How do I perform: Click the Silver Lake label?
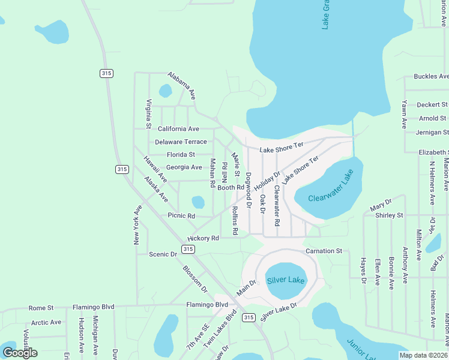[286, 280]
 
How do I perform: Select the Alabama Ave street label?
[182, 85]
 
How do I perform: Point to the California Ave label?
[178, 129]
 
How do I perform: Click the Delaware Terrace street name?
[181, 142]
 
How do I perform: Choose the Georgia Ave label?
[184, 167]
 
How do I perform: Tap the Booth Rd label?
[231, 188]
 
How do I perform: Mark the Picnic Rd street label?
[182, 215]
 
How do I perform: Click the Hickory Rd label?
[203, 238]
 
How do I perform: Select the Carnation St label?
[323, 250]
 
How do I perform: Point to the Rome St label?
[41, 308]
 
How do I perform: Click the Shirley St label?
[389, 215]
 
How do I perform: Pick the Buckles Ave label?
[431, 77]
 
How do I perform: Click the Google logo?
[20, 352]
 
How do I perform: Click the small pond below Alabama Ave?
[165, 91]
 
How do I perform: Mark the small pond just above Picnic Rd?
[197, 202]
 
